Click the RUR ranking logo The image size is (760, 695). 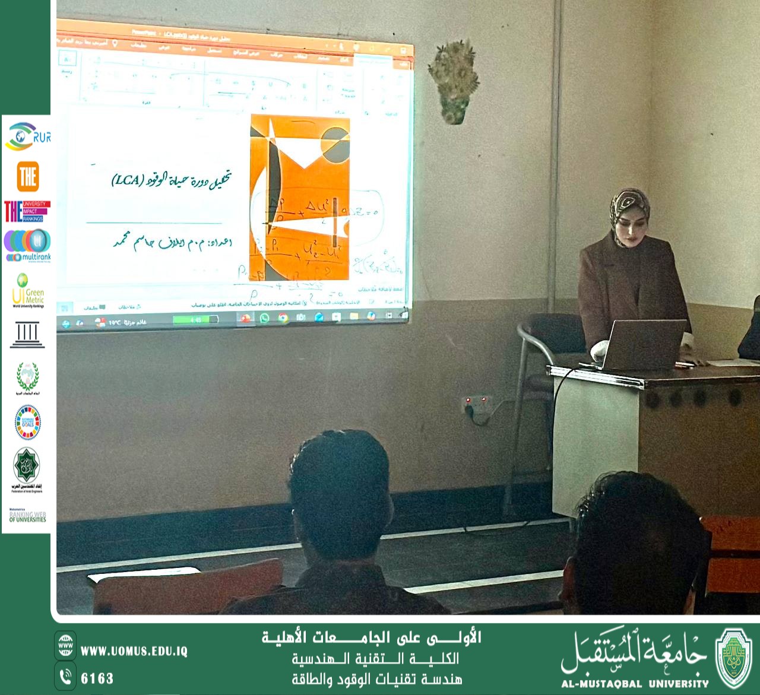(x=27, y=136)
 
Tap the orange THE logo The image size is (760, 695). (x=28, y=177)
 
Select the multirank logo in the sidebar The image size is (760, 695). (x=28, y=245)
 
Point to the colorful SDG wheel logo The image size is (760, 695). (x=27, y=423)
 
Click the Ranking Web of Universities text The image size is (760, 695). (x=27, y=516)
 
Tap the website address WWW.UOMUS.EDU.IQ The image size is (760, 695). (x=134, y=651)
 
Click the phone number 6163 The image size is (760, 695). (x=97, y=678)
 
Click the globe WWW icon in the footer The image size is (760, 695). (x=65, y=645)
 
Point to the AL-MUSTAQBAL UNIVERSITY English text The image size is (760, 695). (x=635, y=684)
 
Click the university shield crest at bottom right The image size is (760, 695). (x=734, y=658)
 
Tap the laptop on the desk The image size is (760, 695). (x=640, y=344)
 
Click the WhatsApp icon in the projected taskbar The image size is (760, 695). (x=264, y=318)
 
